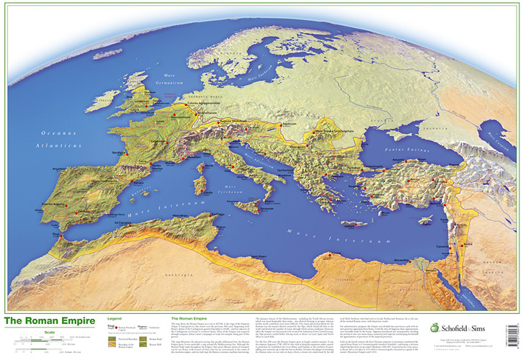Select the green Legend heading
115,318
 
